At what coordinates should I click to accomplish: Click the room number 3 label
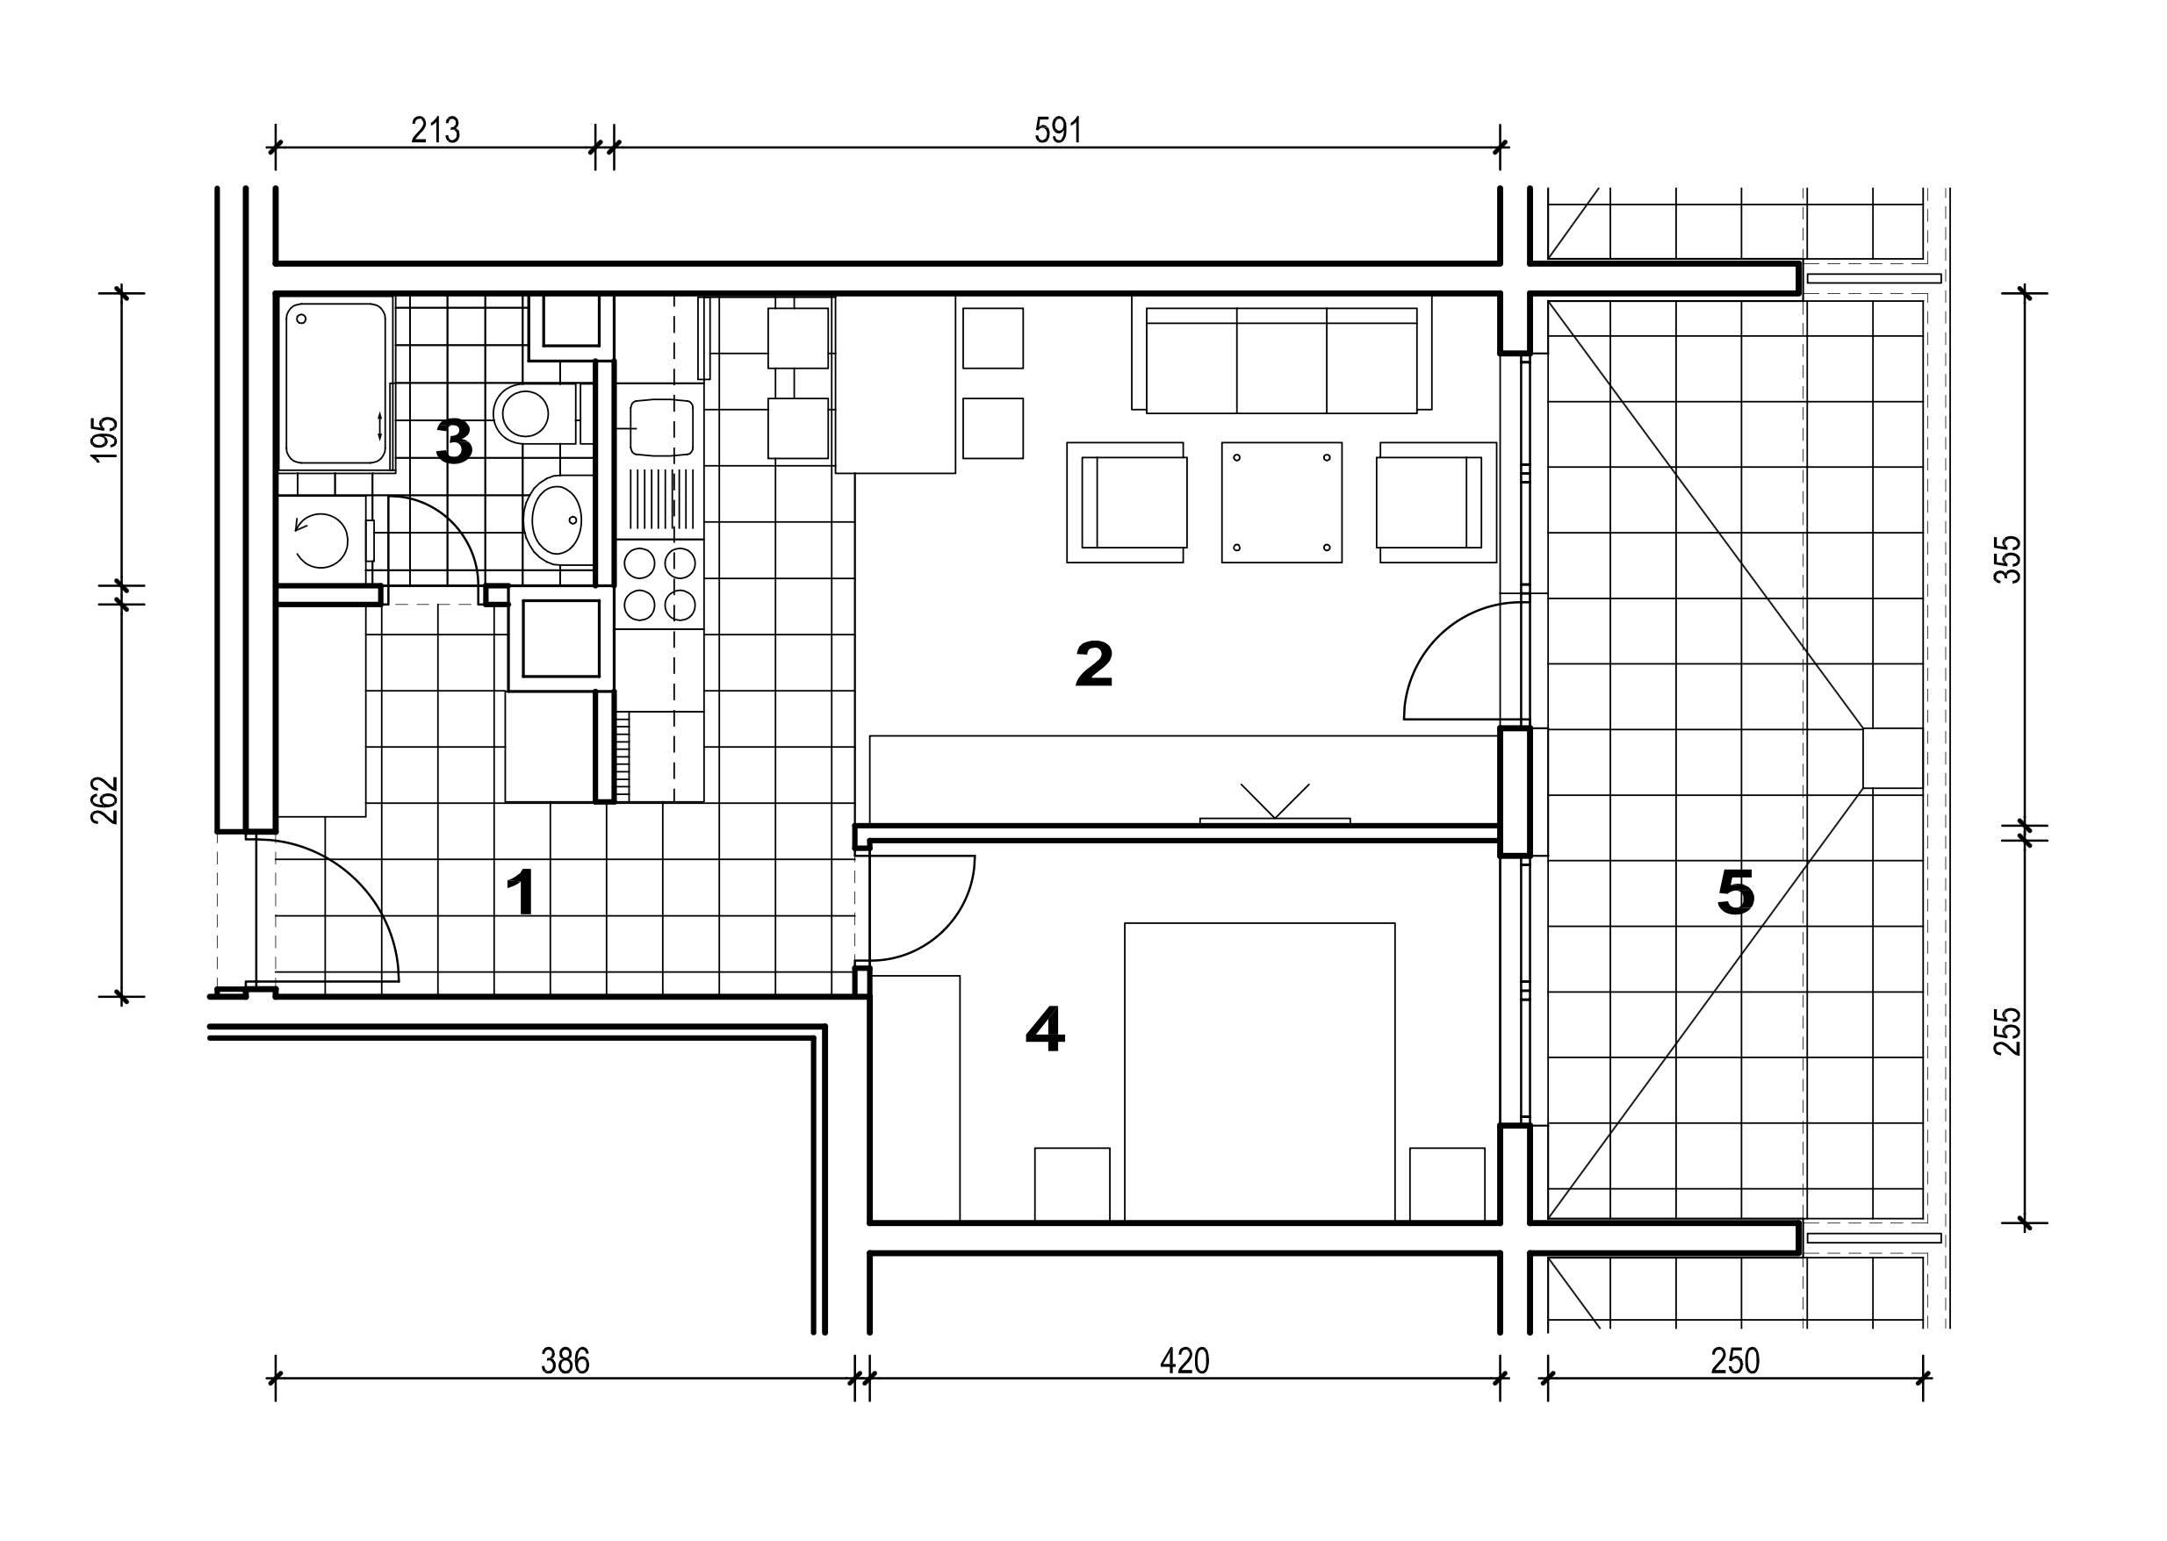coord(454,441)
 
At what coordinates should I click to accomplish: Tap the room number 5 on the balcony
coord(1736,892)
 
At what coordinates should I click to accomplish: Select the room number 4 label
coord(1045,1029)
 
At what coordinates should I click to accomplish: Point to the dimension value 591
coord(1057,130)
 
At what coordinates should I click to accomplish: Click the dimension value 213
coord(435,130)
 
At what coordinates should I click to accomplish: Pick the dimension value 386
coord(565,1362)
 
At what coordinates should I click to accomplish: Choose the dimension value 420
coord(1184,1362)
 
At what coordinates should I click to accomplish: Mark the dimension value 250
coord(1735,1362)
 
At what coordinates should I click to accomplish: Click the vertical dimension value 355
coord(2008,560)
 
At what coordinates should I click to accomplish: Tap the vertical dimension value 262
coord(104,800)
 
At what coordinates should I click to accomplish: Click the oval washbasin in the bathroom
coord(558,520)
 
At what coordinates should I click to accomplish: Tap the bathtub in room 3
coord(336,383)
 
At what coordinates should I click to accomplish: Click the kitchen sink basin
coord(660,427)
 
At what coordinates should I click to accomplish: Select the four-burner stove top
coord(659,584)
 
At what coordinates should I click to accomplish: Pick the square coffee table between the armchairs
coord(1281,502)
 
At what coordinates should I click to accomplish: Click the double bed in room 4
coord(1260,1072)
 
